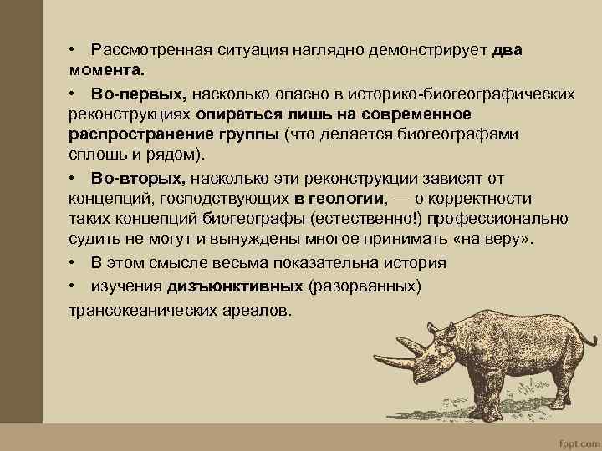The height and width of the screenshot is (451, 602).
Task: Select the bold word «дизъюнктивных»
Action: pos(235,286)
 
